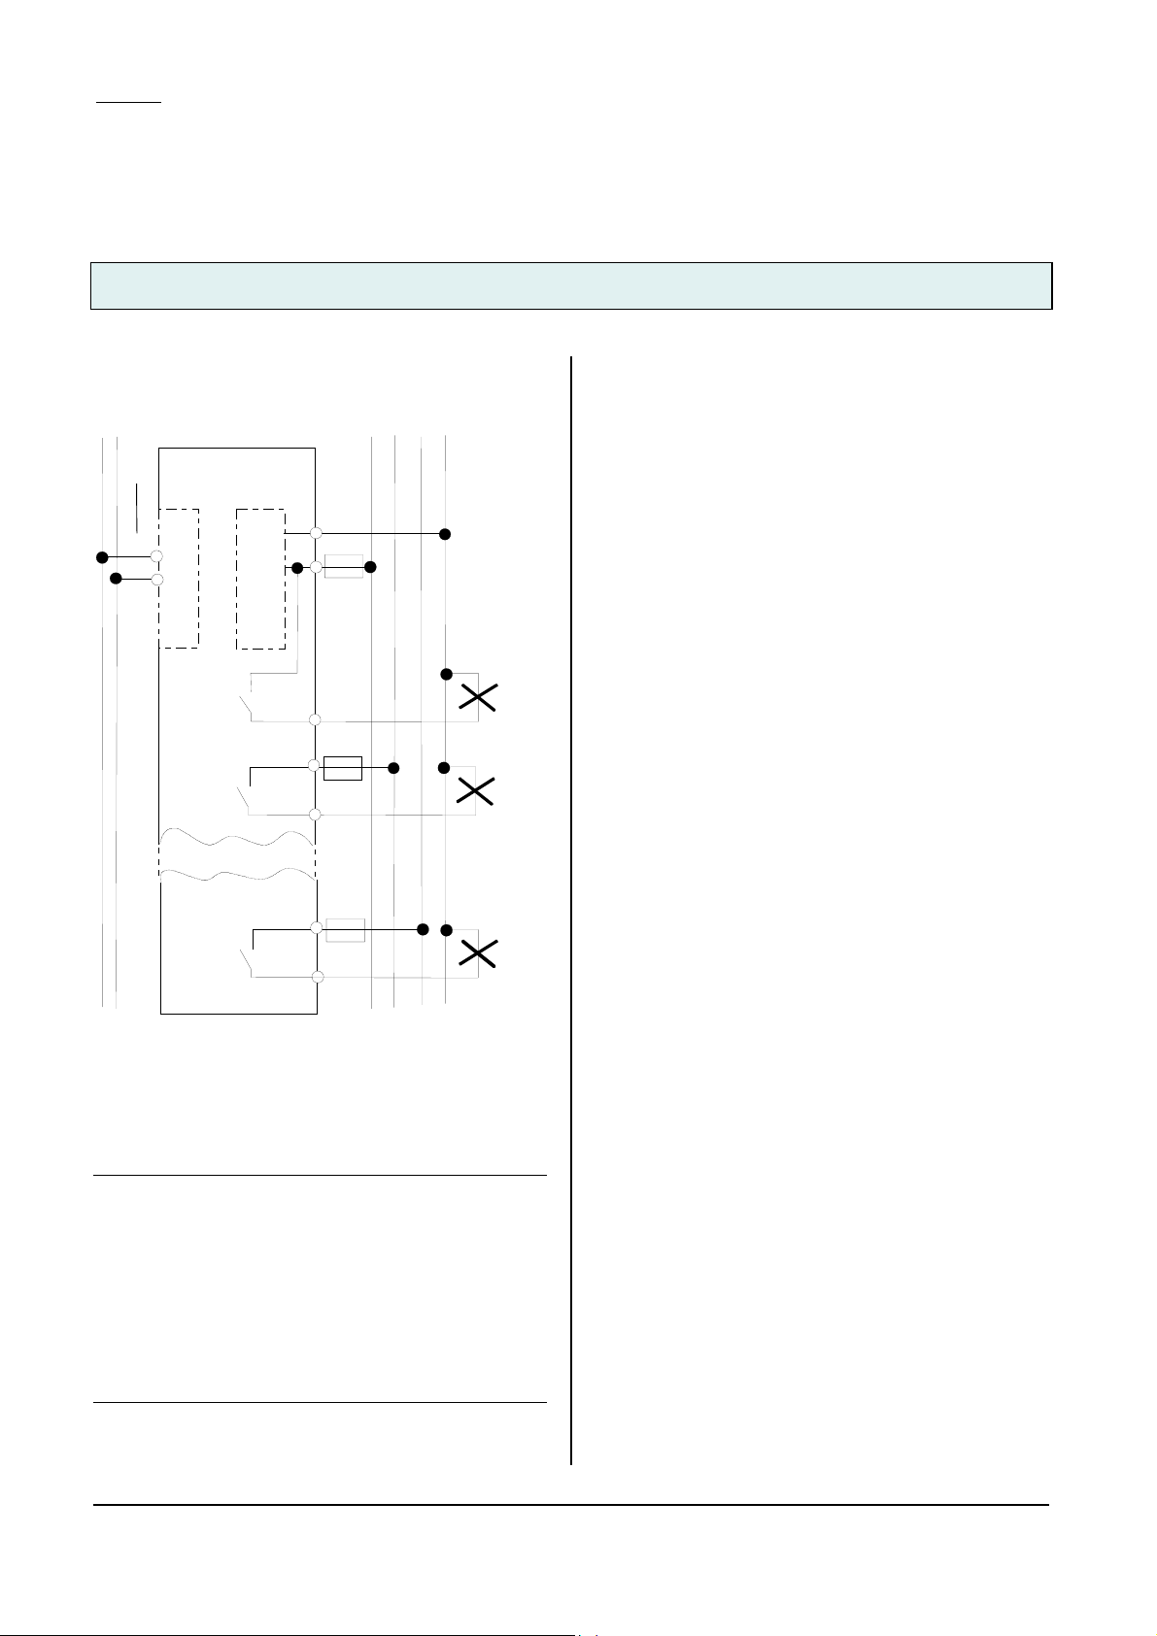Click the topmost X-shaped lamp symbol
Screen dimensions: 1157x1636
click(x=477, y=697)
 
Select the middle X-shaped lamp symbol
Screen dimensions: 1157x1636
click(x=474, y=790)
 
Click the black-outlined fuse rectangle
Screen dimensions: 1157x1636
click(x=342, y=768)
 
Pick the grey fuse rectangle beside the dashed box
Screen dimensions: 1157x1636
click(x=343, y=566)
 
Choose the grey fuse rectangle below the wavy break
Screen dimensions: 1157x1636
click(x=345, y=929)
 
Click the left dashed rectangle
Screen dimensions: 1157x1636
click(x=179, y=578)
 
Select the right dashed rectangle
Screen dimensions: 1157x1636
click(x=260, y=578)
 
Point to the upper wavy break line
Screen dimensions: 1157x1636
click(x=237, y=838)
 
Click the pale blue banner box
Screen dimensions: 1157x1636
click(x=571, y=285)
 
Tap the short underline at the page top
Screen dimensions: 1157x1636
click(x=129, y=101)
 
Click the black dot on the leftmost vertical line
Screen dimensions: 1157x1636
click(x=102, y=557)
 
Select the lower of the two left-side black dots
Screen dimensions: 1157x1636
click(x=117, y=579)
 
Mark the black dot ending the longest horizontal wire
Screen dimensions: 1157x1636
click(x=445, y=534)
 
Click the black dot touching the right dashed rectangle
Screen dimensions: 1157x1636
click(x=297, y=567)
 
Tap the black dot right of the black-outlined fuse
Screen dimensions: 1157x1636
click(x=393, y=768)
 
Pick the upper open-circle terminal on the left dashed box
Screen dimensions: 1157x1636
click(x=156, y=557)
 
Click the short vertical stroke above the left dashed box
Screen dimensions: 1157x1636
click(x=138, y=505)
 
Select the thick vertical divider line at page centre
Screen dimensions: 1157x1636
click(x=571, y=909)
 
